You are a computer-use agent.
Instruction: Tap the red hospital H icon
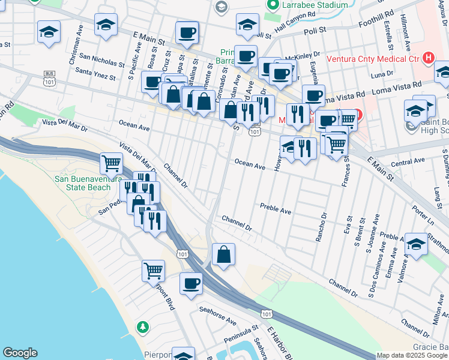(428, 58)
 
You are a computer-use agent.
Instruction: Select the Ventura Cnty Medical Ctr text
(372, 59)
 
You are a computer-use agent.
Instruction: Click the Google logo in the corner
(20, 353)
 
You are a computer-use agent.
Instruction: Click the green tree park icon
(142, 328)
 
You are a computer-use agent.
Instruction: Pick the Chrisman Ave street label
(74, 52)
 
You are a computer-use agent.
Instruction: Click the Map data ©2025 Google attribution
(412, 355)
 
